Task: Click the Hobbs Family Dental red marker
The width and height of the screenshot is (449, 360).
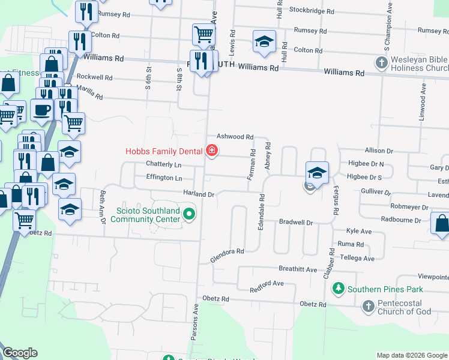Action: point(212,151)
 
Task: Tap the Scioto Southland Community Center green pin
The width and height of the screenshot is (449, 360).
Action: point(190,214)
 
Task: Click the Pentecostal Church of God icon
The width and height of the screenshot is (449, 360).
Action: point(369,307)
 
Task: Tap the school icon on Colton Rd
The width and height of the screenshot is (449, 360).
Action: point(263,41)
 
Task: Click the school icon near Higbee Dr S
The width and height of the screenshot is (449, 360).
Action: point(316,173)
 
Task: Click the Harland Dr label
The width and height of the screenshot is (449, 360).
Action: point(199,194)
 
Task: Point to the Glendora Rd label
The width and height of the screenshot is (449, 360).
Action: point(228,256)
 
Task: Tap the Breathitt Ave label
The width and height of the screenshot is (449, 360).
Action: point(298,269)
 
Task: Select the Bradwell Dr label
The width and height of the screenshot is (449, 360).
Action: point(297,222)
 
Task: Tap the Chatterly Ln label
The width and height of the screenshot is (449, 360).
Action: point(163,164)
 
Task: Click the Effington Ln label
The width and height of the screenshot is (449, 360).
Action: point(164,178)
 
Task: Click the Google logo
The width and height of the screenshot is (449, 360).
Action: point(20,352)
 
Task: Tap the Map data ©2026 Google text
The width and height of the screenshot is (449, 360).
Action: point(411,355)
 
